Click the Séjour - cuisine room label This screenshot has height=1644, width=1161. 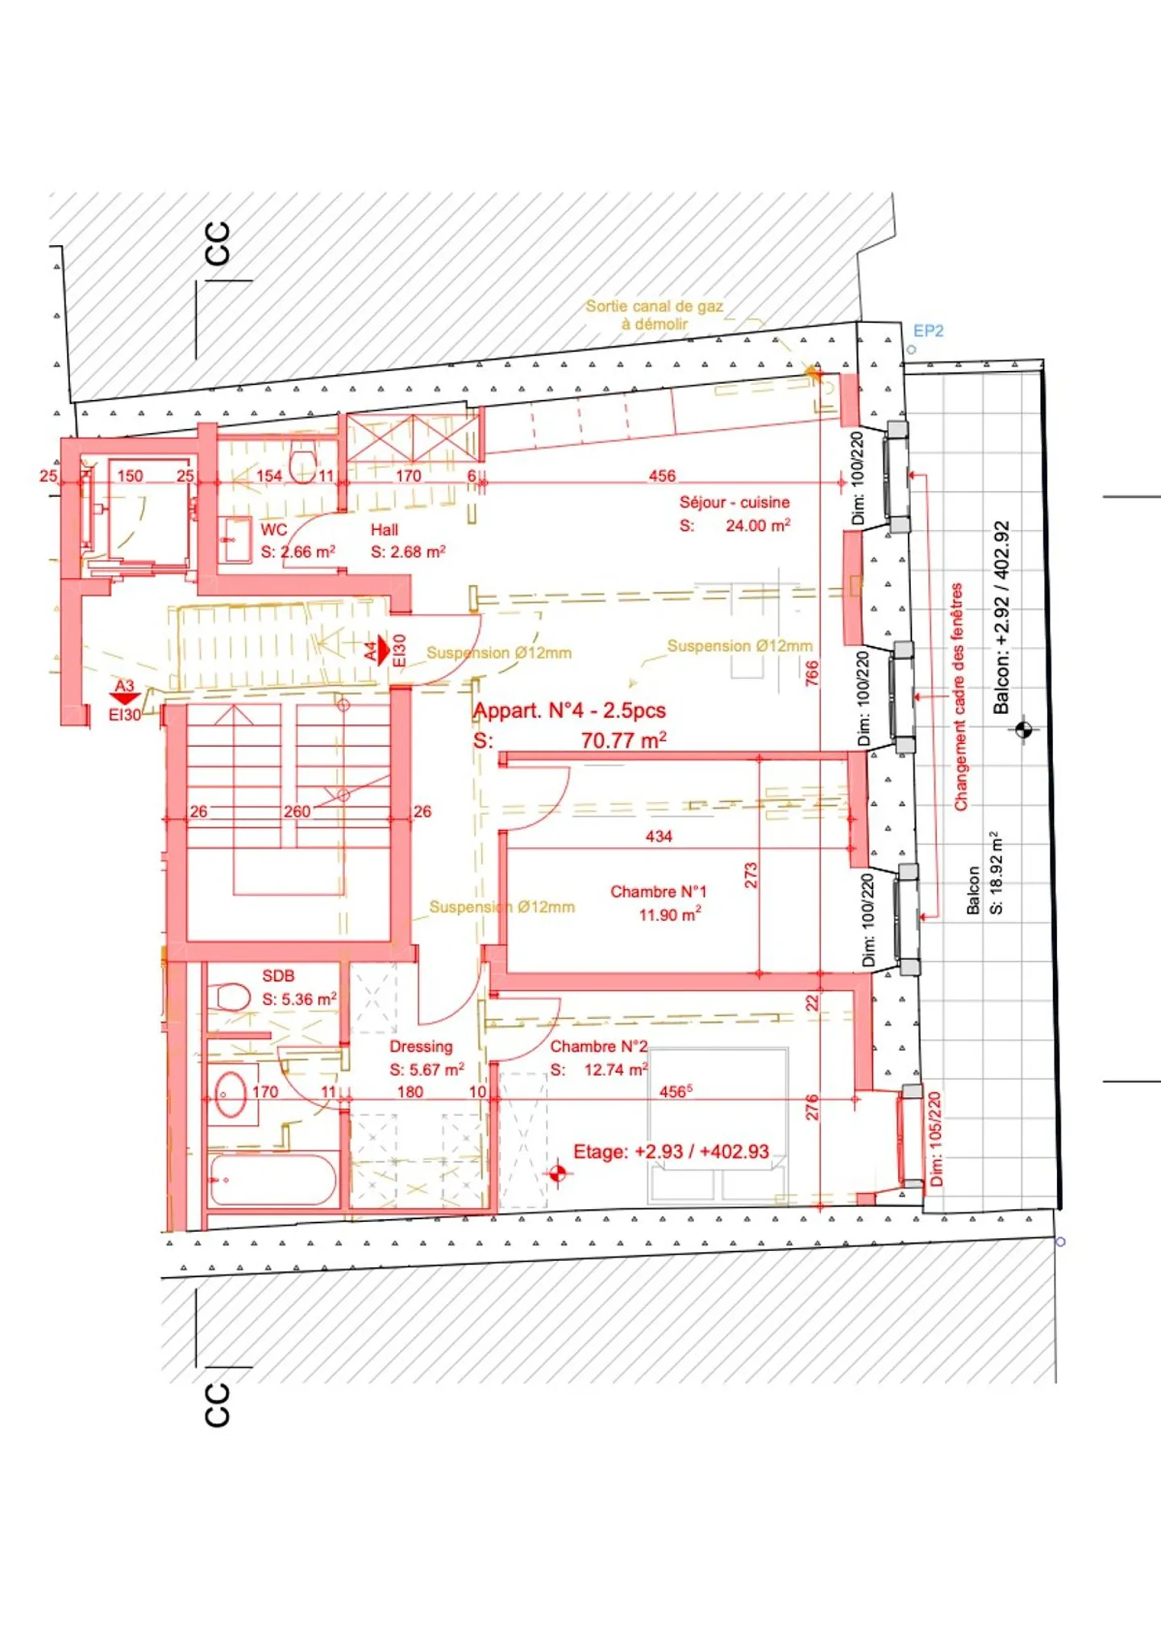click(x=734, y=503)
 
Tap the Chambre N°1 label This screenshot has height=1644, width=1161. click(x=658, y=891)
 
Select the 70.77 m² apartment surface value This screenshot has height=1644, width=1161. click(x=623, y=740)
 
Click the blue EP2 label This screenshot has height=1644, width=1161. click(x=928, y=331)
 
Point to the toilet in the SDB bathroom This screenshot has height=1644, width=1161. click(x=231, y=997)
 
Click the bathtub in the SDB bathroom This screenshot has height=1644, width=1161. click(x=272, y=1180)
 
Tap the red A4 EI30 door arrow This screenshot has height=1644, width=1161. click(x=384, y=650)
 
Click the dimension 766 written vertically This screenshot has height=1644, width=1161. click(x=812, y=673)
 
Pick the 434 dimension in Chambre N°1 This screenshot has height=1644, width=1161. click(x=659, y=837)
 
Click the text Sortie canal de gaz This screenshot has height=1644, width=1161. click(x=654, y=307)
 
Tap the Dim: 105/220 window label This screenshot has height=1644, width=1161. click(x=935, y=1138)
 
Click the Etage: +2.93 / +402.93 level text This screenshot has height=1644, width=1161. click(x=671, y=1151)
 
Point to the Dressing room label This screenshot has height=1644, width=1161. click(x=421, y=1046)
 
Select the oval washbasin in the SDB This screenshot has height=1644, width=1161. click(x=231, y=1095)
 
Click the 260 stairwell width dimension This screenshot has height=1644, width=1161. click(x=297, y=812)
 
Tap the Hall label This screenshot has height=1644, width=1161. click(x=384, y=530)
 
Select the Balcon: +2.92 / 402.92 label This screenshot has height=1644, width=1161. click(x=1001, y=617)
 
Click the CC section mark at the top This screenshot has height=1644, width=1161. click(x=218, y=244)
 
